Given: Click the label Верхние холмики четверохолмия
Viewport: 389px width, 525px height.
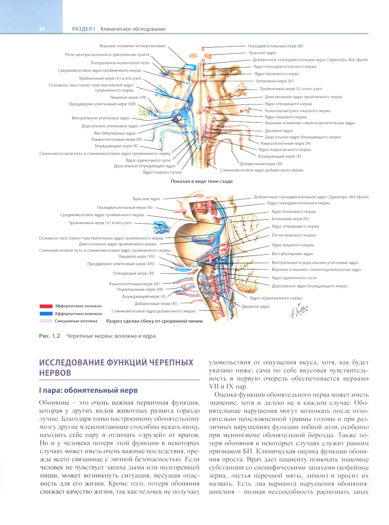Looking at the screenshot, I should click(132, 46).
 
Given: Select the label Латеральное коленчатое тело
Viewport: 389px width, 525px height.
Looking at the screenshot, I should click(120, 63).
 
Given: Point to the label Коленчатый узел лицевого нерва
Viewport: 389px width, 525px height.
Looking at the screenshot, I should click(297, 111).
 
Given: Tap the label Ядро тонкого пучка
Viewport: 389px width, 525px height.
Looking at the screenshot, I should click(162, 172).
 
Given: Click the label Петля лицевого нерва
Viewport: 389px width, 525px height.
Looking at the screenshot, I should click(293, 235).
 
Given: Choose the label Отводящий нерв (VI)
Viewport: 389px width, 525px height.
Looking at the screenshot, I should click(133, 273).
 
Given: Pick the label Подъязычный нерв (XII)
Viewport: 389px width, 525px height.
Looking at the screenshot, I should click(140, 289).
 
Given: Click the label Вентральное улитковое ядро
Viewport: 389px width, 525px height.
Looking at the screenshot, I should click(100, 118).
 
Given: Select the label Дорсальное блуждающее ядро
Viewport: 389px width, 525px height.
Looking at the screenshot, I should click(144, 166).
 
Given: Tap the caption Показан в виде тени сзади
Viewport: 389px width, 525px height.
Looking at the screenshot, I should click(202, 181).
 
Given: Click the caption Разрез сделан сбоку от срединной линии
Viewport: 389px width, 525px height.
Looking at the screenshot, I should click(154, 321).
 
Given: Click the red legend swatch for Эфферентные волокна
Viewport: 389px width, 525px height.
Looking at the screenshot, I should click(46, 306).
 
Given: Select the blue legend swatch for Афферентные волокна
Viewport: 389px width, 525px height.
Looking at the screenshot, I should click(46, 314).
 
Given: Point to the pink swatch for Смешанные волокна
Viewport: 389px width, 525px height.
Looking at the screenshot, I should click(46, 321).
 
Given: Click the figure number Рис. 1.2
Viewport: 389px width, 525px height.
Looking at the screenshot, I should click(49, 336).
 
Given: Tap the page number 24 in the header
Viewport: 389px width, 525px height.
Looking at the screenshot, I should click(42, 29).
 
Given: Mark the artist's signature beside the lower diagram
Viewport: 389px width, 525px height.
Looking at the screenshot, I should click(299, 311).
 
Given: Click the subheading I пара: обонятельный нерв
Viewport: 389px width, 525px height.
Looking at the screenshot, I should click(88, 390).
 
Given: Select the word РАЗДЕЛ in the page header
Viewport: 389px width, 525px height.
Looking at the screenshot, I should click(82, 29).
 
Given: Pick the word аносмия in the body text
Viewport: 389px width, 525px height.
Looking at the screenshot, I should click(221, 492).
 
